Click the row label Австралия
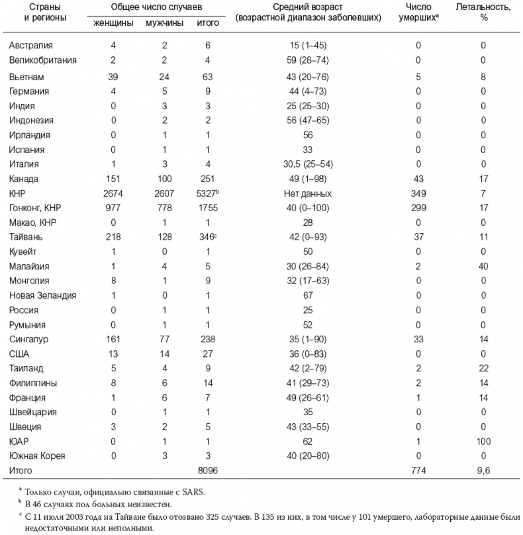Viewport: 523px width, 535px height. coord(31,46)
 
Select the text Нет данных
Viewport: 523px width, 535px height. coord(308,193)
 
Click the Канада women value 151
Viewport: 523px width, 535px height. coord(115,178)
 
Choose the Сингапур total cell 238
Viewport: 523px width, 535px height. coord(208,338)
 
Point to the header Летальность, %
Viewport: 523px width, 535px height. coord(483,12)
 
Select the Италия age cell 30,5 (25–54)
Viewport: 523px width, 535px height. coord(308,164)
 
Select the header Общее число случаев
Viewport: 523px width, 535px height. coord(157,7)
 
